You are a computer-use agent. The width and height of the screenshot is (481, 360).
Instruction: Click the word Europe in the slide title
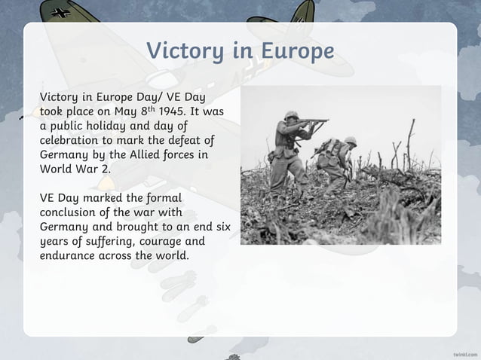point(296,51)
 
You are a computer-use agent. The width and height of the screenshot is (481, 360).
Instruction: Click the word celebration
point(73,140)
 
